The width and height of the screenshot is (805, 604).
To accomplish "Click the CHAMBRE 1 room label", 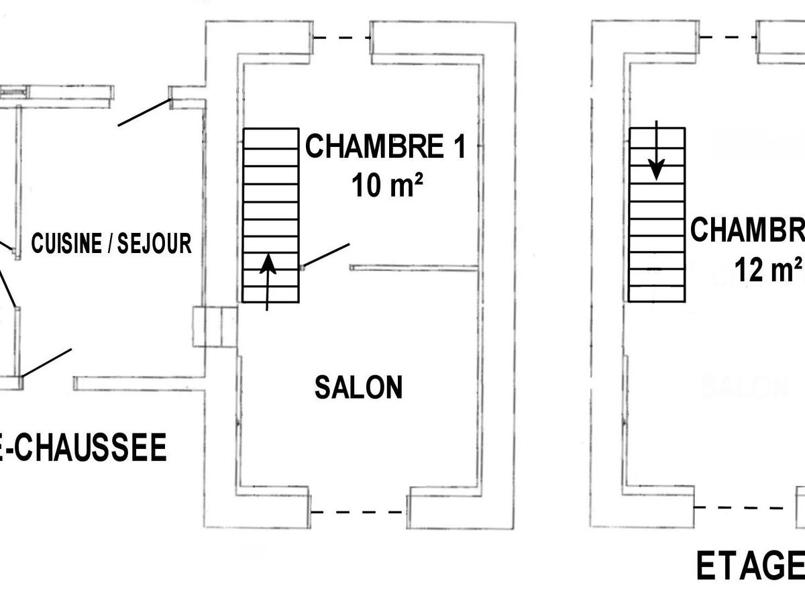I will pyautogui.click(x=385, y=146).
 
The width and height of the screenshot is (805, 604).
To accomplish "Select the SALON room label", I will pyautogui.click(x=359, y=387).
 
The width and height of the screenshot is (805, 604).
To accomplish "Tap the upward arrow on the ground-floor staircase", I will pyautogui.click(x=268, y=282).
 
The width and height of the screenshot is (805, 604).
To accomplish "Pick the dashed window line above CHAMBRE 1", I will pyautogui.click(x=342, y=38).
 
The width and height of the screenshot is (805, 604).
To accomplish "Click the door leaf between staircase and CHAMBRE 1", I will pyautogui.click(x=326, y=255).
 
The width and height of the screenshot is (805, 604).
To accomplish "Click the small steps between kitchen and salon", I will pyautogui.click(x=215, y=327).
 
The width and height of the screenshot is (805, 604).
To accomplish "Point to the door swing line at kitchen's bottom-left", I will pyautogui.click(x=47, y=362).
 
